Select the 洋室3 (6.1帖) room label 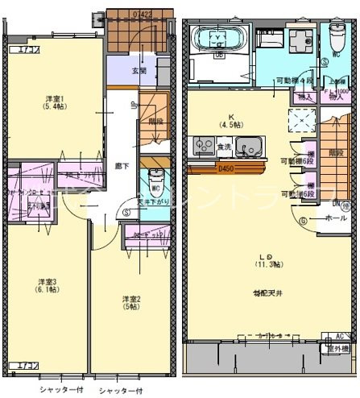click(47, 286)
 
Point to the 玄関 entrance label click(139, 70)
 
